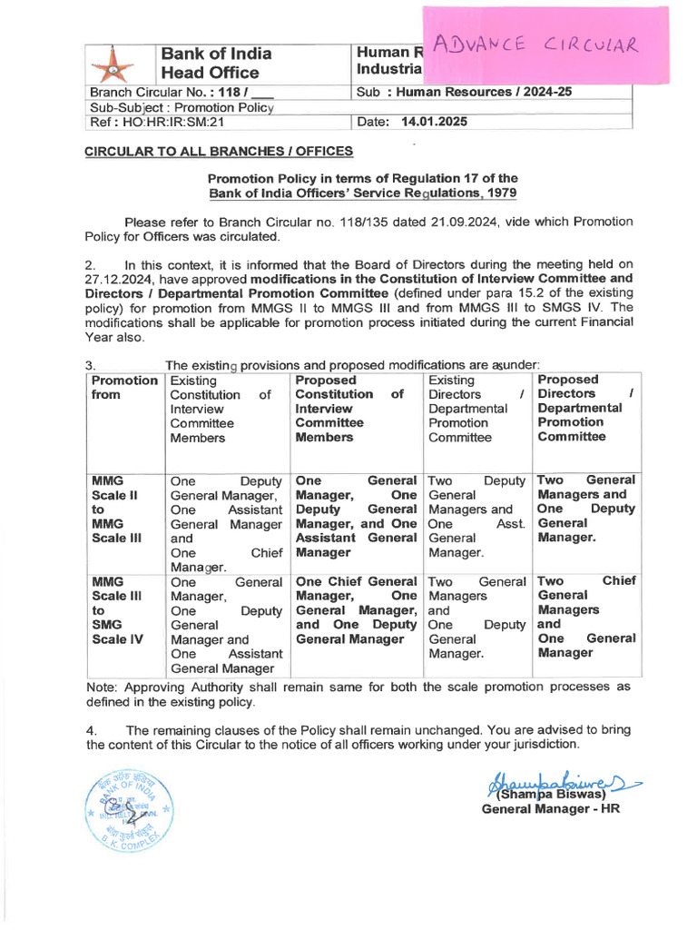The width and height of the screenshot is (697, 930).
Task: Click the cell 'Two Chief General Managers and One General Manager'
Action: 586,617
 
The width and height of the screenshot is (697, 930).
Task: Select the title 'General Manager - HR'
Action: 550,808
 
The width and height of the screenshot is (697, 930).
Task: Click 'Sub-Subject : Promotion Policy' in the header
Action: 182,107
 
